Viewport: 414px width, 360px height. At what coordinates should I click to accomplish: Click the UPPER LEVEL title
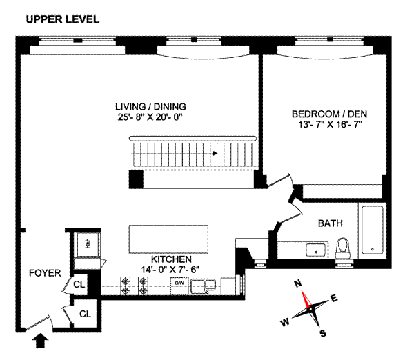coord(63,19)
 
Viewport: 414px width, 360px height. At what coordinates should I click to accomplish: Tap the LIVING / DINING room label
coord(150,107)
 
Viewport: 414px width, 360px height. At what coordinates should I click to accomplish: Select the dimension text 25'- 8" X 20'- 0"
coord(150,117)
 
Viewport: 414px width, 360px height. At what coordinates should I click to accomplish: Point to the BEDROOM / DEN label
coord(329,114)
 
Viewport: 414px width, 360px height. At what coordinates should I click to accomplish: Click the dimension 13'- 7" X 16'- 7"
coord(330,124)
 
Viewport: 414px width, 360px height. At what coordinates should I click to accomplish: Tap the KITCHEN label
coord(171,259)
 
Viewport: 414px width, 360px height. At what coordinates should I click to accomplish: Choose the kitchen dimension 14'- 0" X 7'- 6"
coord(170,270)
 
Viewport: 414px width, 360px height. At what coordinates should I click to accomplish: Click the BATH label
coord(331,223)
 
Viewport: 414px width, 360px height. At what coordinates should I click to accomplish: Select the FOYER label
coord(45,273)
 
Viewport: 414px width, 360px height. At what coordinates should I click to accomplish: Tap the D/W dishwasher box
coord(179,286)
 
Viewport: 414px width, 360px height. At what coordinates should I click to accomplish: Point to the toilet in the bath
coord(343,248)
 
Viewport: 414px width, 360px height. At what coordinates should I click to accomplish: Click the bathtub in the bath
coord(373,230)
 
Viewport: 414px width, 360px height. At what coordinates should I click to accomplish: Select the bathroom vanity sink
coord(316,250)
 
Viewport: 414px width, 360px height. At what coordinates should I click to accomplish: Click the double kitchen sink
coord(204,286)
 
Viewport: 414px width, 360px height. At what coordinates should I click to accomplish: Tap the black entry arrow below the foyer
coord(40,341)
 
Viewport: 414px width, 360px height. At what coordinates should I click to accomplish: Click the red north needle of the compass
coord(306,299)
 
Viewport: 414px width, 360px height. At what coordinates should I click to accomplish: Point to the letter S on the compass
coord(323,333)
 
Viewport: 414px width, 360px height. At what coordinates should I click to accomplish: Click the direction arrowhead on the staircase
coord(215,153)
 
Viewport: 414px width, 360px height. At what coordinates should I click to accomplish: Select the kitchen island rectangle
coord(168,239)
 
